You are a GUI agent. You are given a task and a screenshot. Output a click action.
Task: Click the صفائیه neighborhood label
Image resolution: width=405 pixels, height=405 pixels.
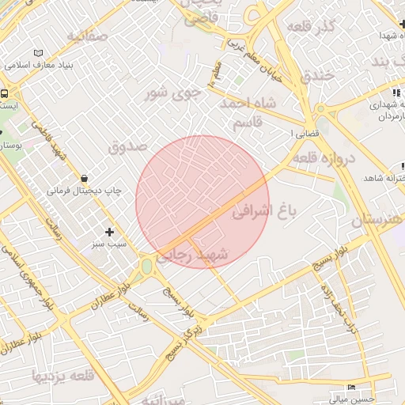tap(86, 36)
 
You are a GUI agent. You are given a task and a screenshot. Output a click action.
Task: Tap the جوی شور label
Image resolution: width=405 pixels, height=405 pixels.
tap(172, 94)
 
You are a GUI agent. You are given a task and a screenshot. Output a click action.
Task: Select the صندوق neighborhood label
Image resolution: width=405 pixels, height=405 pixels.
tap(127, 146)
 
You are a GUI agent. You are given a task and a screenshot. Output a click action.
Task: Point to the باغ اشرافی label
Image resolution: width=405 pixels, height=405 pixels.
tap(264, 212)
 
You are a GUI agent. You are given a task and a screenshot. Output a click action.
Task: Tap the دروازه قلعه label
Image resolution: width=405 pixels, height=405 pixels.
tap(324, 158)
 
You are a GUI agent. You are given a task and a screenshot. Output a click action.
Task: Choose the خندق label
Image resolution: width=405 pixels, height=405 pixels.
tap(319, 74)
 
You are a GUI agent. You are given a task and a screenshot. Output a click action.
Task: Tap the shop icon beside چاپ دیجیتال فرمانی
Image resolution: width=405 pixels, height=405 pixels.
tap(85, 177)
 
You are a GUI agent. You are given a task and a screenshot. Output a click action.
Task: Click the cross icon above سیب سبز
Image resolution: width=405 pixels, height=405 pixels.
tap(109, 232)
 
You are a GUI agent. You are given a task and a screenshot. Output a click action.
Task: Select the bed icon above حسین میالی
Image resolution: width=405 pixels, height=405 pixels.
tap(353, 388)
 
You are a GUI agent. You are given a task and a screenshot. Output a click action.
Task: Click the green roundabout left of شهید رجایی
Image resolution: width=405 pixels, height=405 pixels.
tap(146, 267)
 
